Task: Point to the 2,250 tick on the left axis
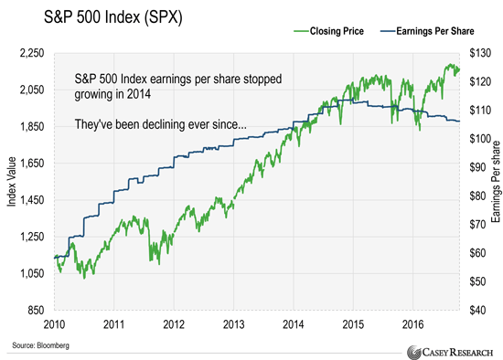34,54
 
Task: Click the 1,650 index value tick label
34,164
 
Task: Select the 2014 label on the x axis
292,323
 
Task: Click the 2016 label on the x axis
412,323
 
